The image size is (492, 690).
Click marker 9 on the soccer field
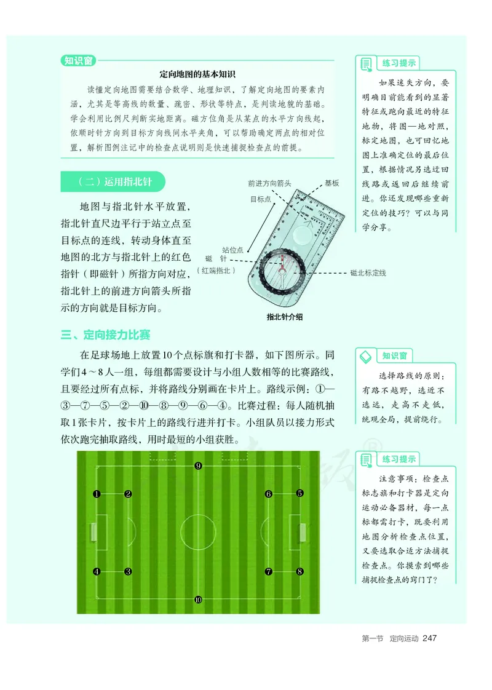pyautogui.click(x=198, y=466)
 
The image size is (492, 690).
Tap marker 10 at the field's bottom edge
pyautogui.click(x=198, y=599)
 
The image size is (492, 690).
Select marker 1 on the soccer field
pyautogui.click(x=97, y=494)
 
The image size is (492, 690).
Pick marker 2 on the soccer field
pyautogui.click(x=128, y=494)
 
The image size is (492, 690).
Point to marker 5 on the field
pyautogui.click(x=300, y=493)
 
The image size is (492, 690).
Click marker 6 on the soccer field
pyautogui.click(x=269, y=494)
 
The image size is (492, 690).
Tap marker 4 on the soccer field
pyautogui.click(x=97, y=571)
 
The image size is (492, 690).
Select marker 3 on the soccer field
pyautogui.click(x=128, y=571)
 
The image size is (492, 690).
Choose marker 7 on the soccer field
pyautogui.click(x=269, y=571)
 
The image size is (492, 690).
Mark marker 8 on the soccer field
pyautogui.click(x=300, y=571)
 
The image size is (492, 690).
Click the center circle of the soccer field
pyautogui.click(x=198, y=532)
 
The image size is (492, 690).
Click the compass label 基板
pyautogui.click(x=331, y=183)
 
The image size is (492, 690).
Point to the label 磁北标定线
pyautogui.click(x=368, y=272)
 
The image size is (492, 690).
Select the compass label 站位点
pyautogui.click(x=232, y=250)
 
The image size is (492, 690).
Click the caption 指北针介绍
pyautogui.click(x=285, y=317)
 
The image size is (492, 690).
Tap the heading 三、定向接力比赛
pyautogui.click(x=106, y=335)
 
